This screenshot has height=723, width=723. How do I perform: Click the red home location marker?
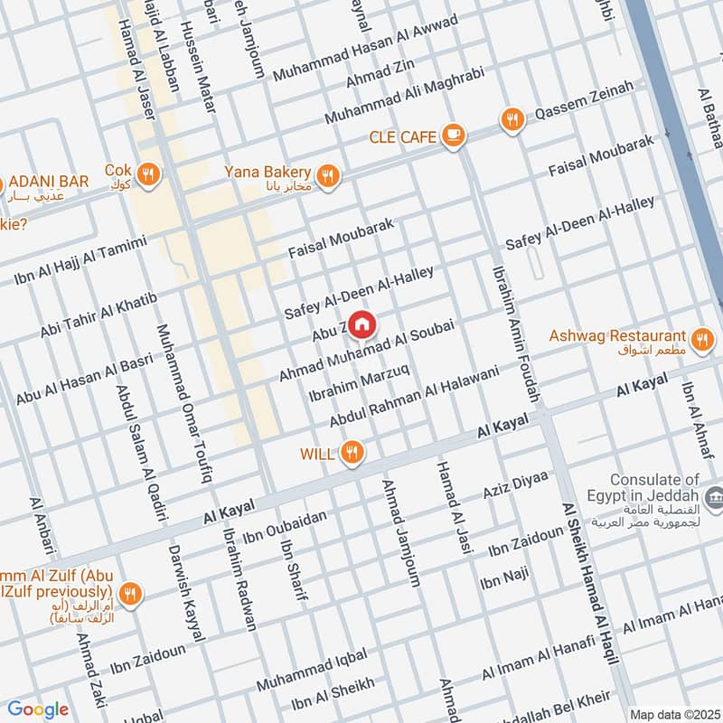tap(361, 324)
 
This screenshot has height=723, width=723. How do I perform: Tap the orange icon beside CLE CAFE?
tap(453, 136)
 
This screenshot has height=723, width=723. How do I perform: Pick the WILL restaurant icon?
tap(353, 453)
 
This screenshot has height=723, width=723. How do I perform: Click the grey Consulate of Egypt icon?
tap(714, 495)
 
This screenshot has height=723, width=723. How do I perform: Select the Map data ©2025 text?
tap(672, 714)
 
